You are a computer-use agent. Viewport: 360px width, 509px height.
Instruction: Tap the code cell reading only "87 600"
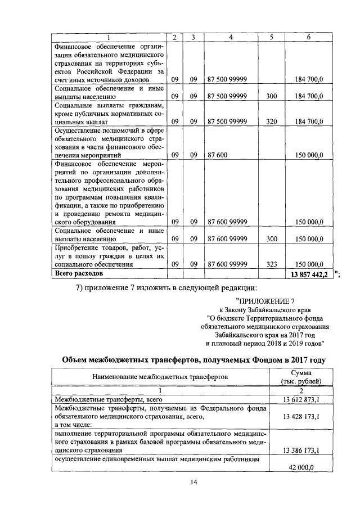(x=217, y=154)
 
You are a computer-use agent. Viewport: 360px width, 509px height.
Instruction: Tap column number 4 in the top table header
(x=231, y=37)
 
